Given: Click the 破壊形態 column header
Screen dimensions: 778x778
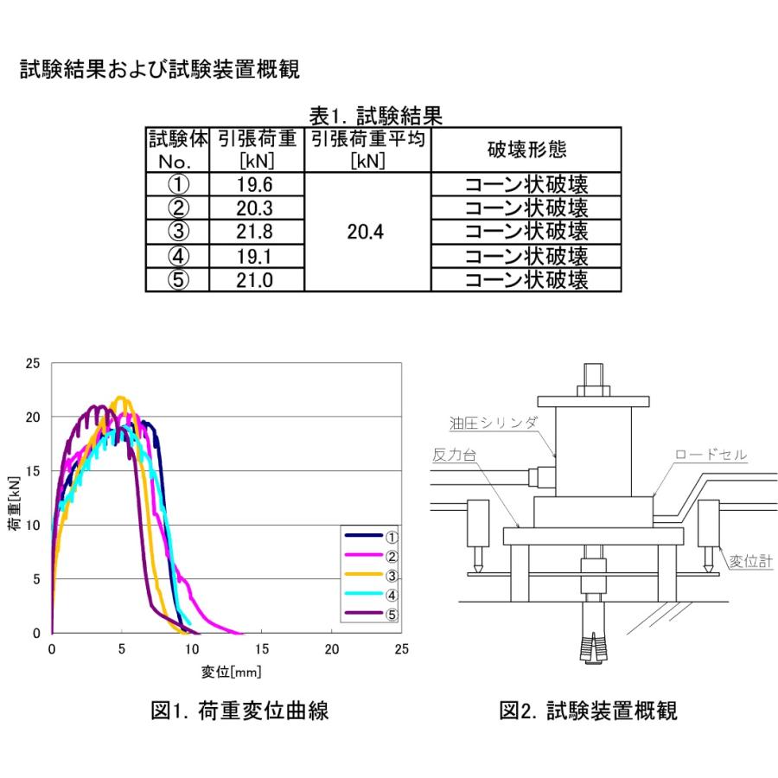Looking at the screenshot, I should [526, 150].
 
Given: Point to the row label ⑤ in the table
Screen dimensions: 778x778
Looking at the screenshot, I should [176, 280].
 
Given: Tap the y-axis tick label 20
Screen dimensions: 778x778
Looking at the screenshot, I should [33, 417].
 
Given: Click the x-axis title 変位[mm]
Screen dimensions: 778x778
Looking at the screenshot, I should [226, 672].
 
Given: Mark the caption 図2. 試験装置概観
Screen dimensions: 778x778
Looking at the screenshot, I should [589, 711].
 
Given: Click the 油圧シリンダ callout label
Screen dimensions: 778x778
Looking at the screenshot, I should [494, 422].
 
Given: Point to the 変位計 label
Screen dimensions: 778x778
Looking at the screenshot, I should [749, 561].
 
